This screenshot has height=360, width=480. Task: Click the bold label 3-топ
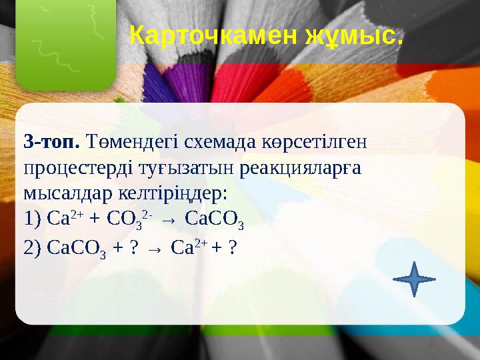pos(51,141)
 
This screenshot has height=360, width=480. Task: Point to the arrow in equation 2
pos(154,248)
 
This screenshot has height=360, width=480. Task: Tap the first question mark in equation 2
pos(134,247)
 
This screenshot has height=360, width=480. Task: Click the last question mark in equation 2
pos(233,247)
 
